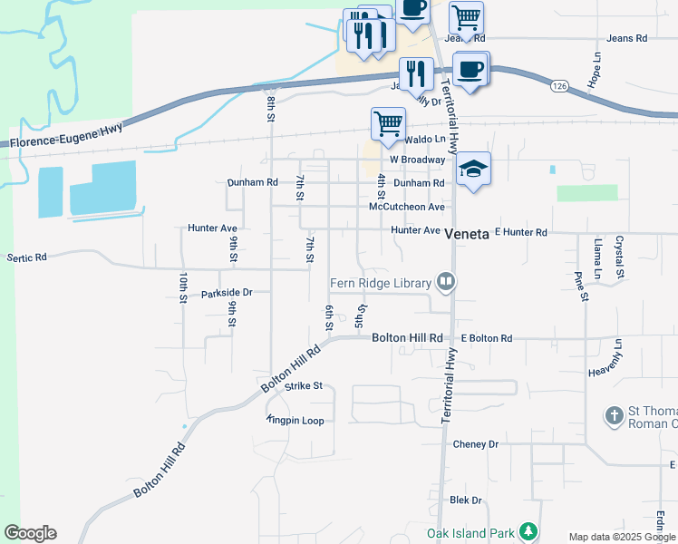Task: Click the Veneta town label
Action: (x=467, y=232)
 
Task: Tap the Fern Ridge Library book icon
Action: (x=445, y=282)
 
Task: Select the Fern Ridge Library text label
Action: (x=380, y=283)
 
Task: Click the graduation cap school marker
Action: (x=473, y=169)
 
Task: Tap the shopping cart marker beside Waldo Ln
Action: (x=388, y=124)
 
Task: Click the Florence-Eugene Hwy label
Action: (x=66, y=137)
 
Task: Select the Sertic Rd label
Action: (x=26, y=257)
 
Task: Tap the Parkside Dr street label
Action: (x=227, y=293)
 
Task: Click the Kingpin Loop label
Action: (x=295, y=421)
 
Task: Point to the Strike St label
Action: (x=304, y=385)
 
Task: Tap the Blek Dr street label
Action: (x=466, y=500)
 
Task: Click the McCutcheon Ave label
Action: (x=407, y=207)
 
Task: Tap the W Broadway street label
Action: (x=419, y=160)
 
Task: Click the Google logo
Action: (x=30, y=533)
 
